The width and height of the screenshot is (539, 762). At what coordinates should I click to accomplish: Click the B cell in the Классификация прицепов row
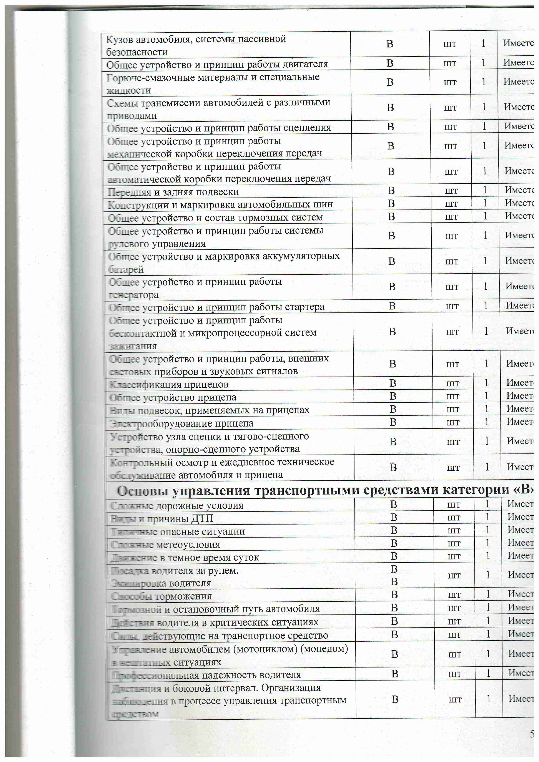click(x=393, y=383)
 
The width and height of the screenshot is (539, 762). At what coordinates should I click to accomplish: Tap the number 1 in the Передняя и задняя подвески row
click(x=485, y=190)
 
